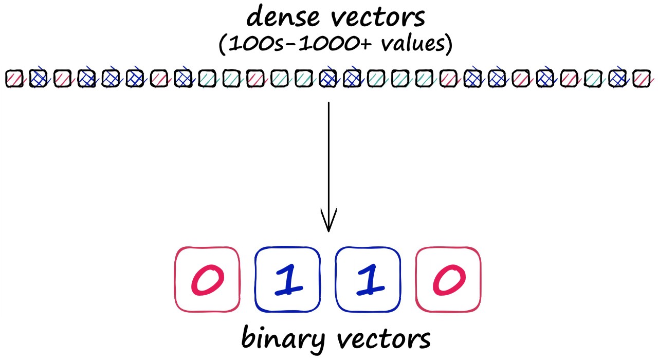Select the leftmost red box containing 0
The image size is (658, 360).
click(207, 279)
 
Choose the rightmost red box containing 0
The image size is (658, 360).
click(448, 279)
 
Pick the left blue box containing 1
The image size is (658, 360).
click(287, 279)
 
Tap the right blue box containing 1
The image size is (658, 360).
click(368, 279)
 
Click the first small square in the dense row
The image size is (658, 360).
click(14, 79)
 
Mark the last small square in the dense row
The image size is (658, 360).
click(641, 79)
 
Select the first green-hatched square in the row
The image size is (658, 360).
click(207, 79)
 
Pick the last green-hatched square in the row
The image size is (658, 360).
click(593, 79)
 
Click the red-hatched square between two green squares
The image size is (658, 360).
click(255, 79)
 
